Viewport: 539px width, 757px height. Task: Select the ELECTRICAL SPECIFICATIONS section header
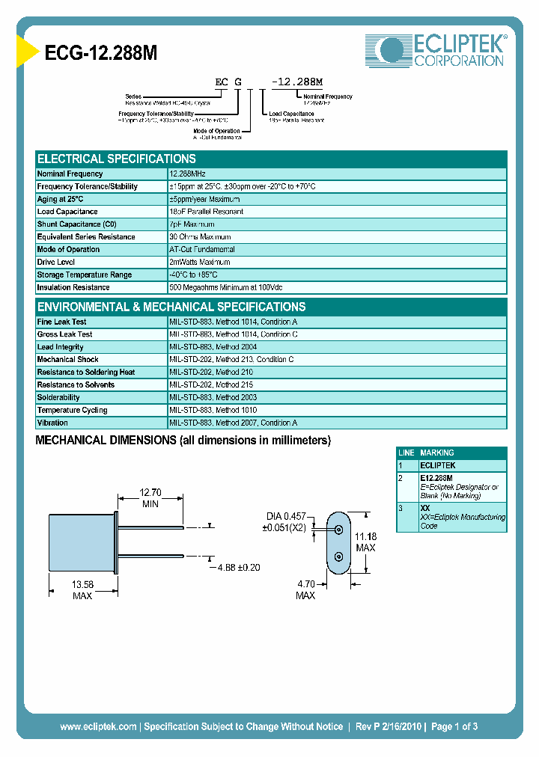117,159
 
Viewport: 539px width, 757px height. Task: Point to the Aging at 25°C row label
60,199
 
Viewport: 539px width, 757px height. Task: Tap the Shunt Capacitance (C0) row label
77,224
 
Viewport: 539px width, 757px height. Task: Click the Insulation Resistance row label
73,287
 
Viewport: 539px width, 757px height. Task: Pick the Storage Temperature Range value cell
198,275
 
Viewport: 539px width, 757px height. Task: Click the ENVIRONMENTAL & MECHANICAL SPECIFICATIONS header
171,307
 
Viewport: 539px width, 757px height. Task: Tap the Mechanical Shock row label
68,360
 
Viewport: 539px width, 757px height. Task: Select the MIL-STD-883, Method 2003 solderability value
213,397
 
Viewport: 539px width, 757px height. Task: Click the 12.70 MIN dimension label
150,498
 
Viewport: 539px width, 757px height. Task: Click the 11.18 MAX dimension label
365,542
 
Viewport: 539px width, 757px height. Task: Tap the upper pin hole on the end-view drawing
338,530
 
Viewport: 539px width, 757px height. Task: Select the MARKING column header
437,453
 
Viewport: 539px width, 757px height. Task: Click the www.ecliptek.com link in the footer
98,726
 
